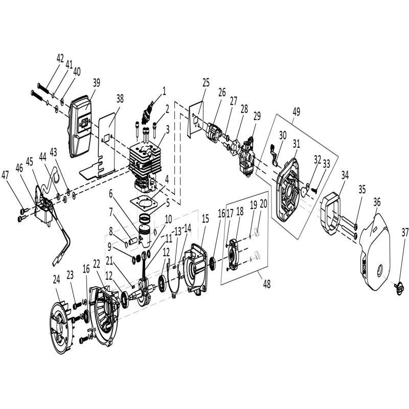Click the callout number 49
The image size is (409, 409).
coord(296,111)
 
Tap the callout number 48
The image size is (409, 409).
coord(266,284)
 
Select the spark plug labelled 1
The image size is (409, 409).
coord(146,114)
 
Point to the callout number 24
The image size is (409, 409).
coord(56,279)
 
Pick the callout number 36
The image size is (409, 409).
coord(377,202)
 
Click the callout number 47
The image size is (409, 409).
coord(6,175)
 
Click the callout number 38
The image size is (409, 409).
coord(120,99)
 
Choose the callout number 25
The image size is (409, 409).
coord(206,83)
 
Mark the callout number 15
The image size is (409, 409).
coord(206,219)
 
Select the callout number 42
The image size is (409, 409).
coord(60,58)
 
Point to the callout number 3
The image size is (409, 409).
coord(167,129)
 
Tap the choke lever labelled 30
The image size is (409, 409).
coord(275,156)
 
